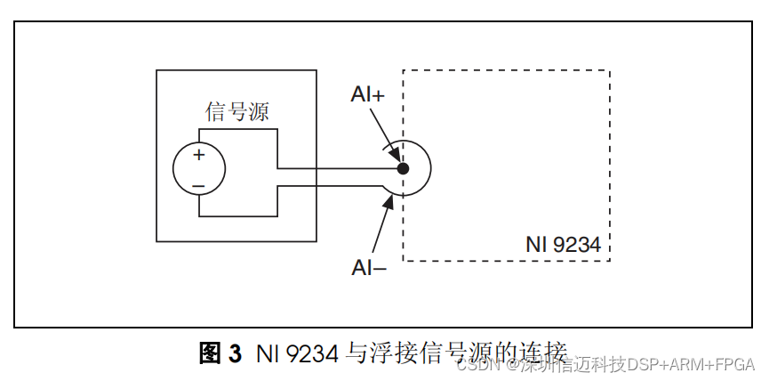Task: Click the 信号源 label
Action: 237,112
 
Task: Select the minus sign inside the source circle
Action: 198,185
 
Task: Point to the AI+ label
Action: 368,95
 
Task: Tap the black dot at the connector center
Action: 403,168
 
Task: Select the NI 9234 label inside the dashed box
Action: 562,244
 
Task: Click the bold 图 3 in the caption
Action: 220,353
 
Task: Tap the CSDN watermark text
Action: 475,364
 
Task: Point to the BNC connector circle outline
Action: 430,168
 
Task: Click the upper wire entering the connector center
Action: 338,167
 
